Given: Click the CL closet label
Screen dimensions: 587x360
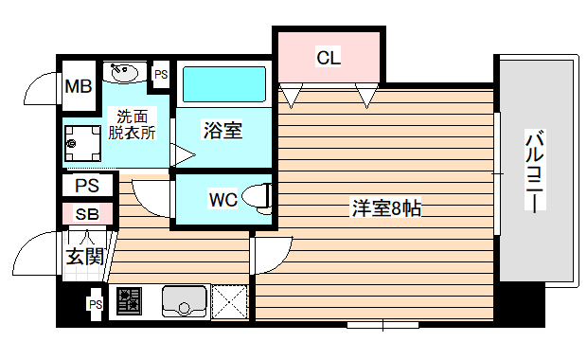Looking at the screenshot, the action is click(x=329, y=58).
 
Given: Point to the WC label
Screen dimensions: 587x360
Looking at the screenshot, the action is click(x=223, y=200).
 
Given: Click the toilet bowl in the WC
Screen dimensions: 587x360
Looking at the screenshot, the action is click(x=257, y=197).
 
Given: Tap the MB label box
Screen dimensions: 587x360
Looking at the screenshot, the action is click(x=78, y=87).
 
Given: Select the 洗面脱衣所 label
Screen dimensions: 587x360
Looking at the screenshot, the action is click(x=132, y=124).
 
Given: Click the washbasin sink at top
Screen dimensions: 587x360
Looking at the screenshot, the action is click(x=124, y=72).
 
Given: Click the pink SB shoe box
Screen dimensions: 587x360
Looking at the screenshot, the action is click(x=87, y=214).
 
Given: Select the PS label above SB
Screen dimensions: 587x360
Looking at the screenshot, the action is click(x=87, y=186).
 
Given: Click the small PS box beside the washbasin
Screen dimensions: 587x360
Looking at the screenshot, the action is click(x=161, y=74).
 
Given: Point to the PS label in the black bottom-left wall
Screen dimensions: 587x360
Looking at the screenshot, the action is click(x=95, y=304).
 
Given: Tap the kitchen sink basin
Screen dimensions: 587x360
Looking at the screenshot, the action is click(x=183, y=302).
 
